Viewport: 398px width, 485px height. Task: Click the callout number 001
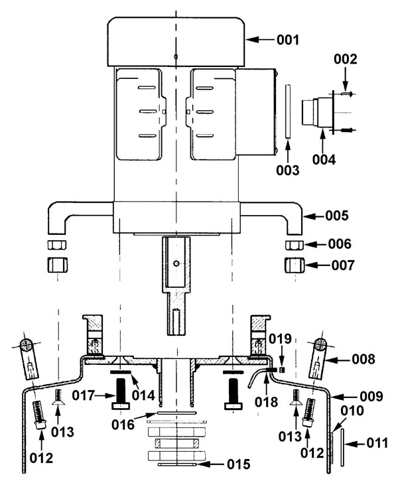click(x=288, y=40)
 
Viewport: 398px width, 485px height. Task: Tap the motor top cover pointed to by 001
click(x=176, y=41)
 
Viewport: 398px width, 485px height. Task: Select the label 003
click(x=288, y=170)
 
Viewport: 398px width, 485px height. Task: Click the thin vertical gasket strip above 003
click(x=288, y=111)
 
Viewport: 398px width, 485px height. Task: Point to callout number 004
click(x=324, y=160)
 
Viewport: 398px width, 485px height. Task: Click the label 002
click(x=346, y=59)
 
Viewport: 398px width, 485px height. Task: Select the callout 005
click(x=337, y=216)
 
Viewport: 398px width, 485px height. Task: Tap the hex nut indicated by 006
click(x=294, y=245)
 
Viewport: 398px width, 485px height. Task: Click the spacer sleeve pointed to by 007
click(x=295, y=265)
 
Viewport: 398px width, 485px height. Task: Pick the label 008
click(x=364, y=359)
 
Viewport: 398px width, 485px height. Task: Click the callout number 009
click(x=371, y=396)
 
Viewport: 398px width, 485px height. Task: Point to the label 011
click(x=377, y=443)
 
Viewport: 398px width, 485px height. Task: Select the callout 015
click(x=238, y=464)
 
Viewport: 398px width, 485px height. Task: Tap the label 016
click(x=123, y=425)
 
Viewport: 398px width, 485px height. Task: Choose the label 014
click(x=143, y=395)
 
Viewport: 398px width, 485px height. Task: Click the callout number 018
click(x=266, y=402)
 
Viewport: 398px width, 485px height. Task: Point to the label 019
click(x=280, y=339)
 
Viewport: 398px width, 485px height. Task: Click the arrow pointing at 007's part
click(x=318, y=265)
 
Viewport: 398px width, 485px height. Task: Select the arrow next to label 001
click(x=260, y=40)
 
